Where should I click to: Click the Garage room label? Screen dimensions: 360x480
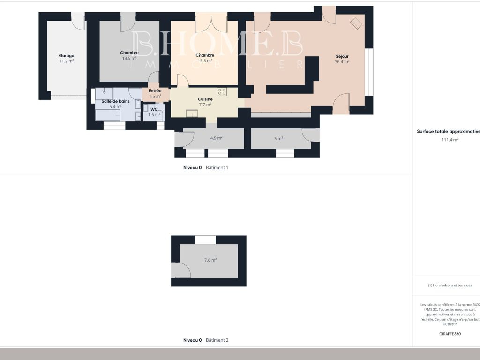67,55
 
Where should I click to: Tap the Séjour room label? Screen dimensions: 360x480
342,56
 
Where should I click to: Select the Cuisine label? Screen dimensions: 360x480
205,99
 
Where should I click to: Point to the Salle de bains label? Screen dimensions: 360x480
115,101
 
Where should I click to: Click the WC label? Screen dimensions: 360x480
154,109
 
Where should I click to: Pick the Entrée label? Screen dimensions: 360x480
155,91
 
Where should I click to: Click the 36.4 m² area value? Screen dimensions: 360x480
342,61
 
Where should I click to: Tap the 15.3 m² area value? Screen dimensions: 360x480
205,60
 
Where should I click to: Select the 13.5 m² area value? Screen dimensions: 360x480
129,59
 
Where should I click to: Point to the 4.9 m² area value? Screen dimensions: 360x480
216,138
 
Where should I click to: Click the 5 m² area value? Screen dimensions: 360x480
278,138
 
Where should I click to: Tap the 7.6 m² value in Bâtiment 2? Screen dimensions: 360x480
210,260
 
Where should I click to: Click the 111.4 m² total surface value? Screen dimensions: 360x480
450,139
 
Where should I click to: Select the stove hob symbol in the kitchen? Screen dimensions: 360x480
222,92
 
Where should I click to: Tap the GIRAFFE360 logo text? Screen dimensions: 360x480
450,334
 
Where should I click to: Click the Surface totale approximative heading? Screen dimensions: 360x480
448,132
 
